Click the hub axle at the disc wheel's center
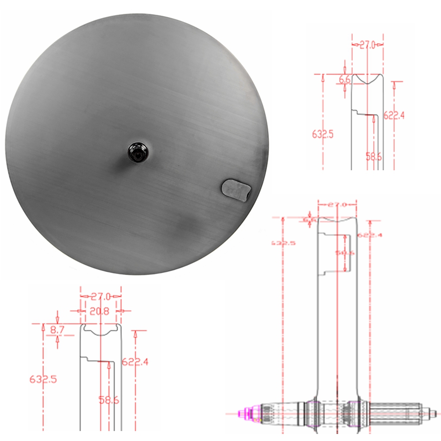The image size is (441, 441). pyautogui.click(x=138, y=152)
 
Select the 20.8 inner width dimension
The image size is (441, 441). pyautogui.click(x=100, y=311)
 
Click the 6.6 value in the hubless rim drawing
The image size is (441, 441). pyautogui.click(x=345, y=80)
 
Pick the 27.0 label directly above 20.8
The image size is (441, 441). pyautogui.click(x=100, y=296)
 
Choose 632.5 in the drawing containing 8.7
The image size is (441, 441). pyautogui.click(x=43, y=379)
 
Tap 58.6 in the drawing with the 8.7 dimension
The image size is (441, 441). pyautogui.click(x=108, y=400)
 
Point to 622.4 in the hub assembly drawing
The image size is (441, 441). pyautogui.click(x=370, y=235)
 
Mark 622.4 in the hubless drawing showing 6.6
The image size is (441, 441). pyautogui.click(x=394, y=116)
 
